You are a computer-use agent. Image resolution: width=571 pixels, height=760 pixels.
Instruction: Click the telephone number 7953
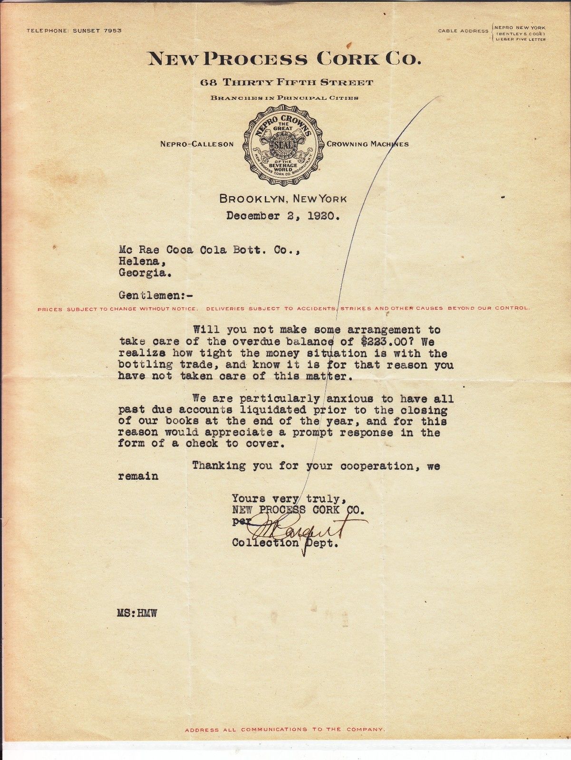112,30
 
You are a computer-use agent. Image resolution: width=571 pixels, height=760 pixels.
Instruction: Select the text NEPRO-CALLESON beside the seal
197,144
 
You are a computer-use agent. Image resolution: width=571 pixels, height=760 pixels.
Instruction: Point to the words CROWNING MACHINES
368,144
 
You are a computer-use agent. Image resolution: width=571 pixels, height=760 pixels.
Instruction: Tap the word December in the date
253,216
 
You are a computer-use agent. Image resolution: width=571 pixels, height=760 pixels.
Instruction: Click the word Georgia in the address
145,273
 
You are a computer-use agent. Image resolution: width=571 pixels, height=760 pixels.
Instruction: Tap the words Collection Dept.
285,543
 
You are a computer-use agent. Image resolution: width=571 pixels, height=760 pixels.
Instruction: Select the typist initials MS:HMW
137,614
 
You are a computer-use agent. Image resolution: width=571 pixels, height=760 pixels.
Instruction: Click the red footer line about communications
285,729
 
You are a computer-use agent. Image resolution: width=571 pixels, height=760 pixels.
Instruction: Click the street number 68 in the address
209,83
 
